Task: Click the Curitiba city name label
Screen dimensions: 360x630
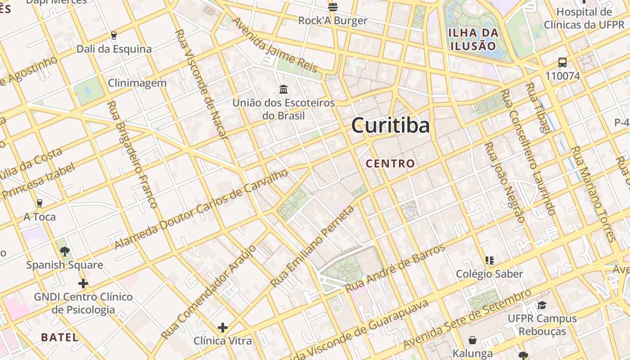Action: [x=390, y=126]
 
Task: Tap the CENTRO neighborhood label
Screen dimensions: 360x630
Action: [x=390, y=163]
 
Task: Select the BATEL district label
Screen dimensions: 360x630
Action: [x=59, y=337]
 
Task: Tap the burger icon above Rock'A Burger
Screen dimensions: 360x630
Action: [x=333, y=7]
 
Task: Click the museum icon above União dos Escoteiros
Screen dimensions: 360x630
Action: [x=283, y=89]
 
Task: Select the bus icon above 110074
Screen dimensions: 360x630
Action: [x=562, y=63]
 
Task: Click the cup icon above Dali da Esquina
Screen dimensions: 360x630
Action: [x=114, y=36]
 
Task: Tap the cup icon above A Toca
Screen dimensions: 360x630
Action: [x=40, y=203]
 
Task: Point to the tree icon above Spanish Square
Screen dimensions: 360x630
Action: [x=64, y=251]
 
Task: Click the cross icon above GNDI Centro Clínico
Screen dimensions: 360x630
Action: [x=83, y=283]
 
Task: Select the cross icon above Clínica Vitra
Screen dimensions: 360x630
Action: [x=222, y=327]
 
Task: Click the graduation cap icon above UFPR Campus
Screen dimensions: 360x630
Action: [x=542, y=305]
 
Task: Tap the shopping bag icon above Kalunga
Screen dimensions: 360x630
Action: [x=472, y=340]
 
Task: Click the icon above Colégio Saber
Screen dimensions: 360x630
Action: [x=490, y=260]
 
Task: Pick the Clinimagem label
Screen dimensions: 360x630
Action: [x=137, y=83]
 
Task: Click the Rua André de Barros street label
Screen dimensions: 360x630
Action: [x=395, y=268]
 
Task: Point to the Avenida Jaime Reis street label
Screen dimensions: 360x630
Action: [x=275, y=45]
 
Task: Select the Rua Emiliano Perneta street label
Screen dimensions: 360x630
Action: [x=312, y=247]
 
